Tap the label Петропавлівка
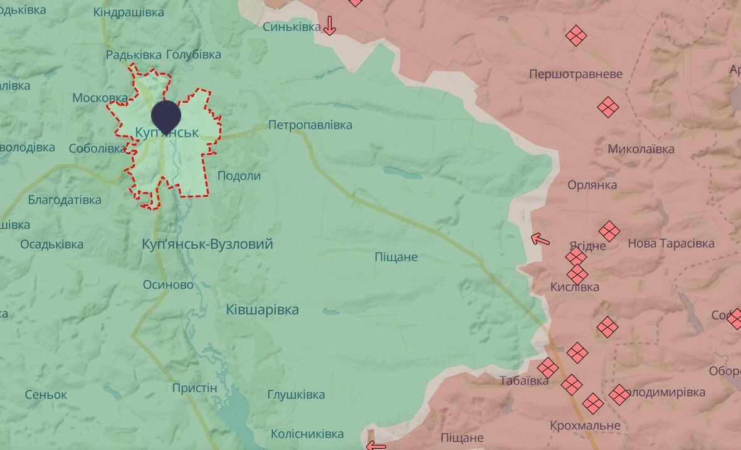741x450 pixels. [310, 125]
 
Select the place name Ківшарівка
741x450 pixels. [262, 310]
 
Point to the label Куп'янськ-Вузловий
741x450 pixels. [208, 244]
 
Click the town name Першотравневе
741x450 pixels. [575, 74]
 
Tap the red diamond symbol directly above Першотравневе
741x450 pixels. [575, 35]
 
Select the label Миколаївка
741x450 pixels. [641, 149]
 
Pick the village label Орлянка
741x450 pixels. [592, 185]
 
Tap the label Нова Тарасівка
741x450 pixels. [671, 243]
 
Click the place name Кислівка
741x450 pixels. [574, 287]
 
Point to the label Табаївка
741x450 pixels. [524, 380]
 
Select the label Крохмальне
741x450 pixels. [585, 426]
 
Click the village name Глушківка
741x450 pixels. [296, 394]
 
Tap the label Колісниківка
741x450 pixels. [307, 434]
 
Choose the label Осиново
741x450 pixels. [168, 285]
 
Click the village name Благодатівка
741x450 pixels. [65, 200]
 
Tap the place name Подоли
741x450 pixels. [239, 175]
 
